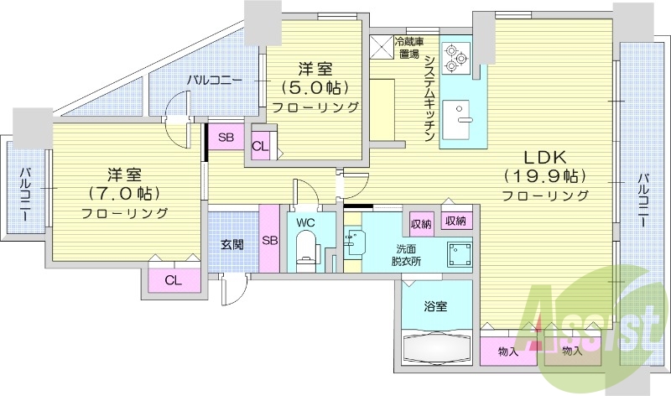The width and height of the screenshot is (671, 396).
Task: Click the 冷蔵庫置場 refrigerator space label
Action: pyautogui.click(x=409, y=47)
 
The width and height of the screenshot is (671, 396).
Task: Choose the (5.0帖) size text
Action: pyautogui.click(x=315, y=87)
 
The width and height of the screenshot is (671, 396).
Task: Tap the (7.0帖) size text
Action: pyautogui.click(x=124, y=194)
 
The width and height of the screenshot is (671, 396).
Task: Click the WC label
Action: pyautogui.click(x=304, y=221)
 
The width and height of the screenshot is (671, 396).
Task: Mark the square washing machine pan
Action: pyautogui.click(x=458, y=252)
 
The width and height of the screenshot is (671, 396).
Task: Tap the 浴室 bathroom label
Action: pyautogui.click(x=434, y=306)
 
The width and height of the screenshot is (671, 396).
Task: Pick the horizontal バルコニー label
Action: pyautogui.click(x=215, y=81)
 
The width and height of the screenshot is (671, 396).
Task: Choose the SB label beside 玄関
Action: pyautogui.click(x=270, y=240)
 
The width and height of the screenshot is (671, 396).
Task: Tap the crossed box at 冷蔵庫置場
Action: pyautogui.click(x=382, y=48)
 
